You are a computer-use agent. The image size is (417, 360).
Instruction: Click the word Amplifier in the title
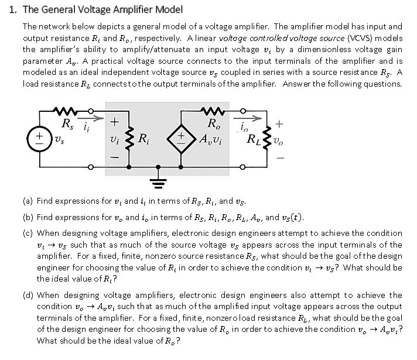point(129,10)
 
